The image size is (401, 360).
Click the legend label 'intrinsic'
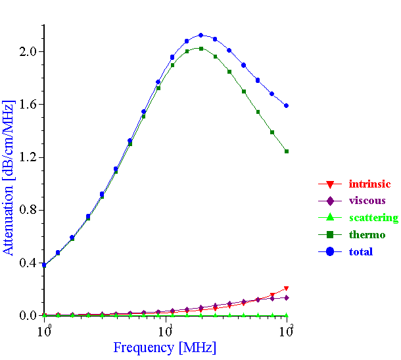click(369, 184)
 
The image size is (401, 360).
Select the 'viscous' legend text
click(367, 201)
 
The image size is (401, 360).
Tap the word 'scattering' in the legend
click(373, 218)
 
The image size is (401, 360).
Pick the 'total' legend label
click(361, 251)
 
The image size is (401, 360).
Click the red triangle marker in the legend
click(331, 184)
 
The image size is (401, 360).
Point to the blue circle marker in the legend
click(331, 251)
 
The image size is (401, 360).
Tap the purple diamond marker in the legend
click(331, 201)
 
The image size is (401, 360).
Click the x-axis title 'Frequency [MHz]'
click(164, 347)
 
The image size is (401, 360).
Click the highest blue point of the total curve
click(201, 36)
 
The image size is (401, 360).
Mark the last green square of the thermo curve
click(287, 151)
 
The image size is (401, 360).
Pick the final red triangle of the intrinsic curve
click(287, 288)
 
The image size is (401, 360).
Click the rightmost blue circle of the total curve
click(287, 105)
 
